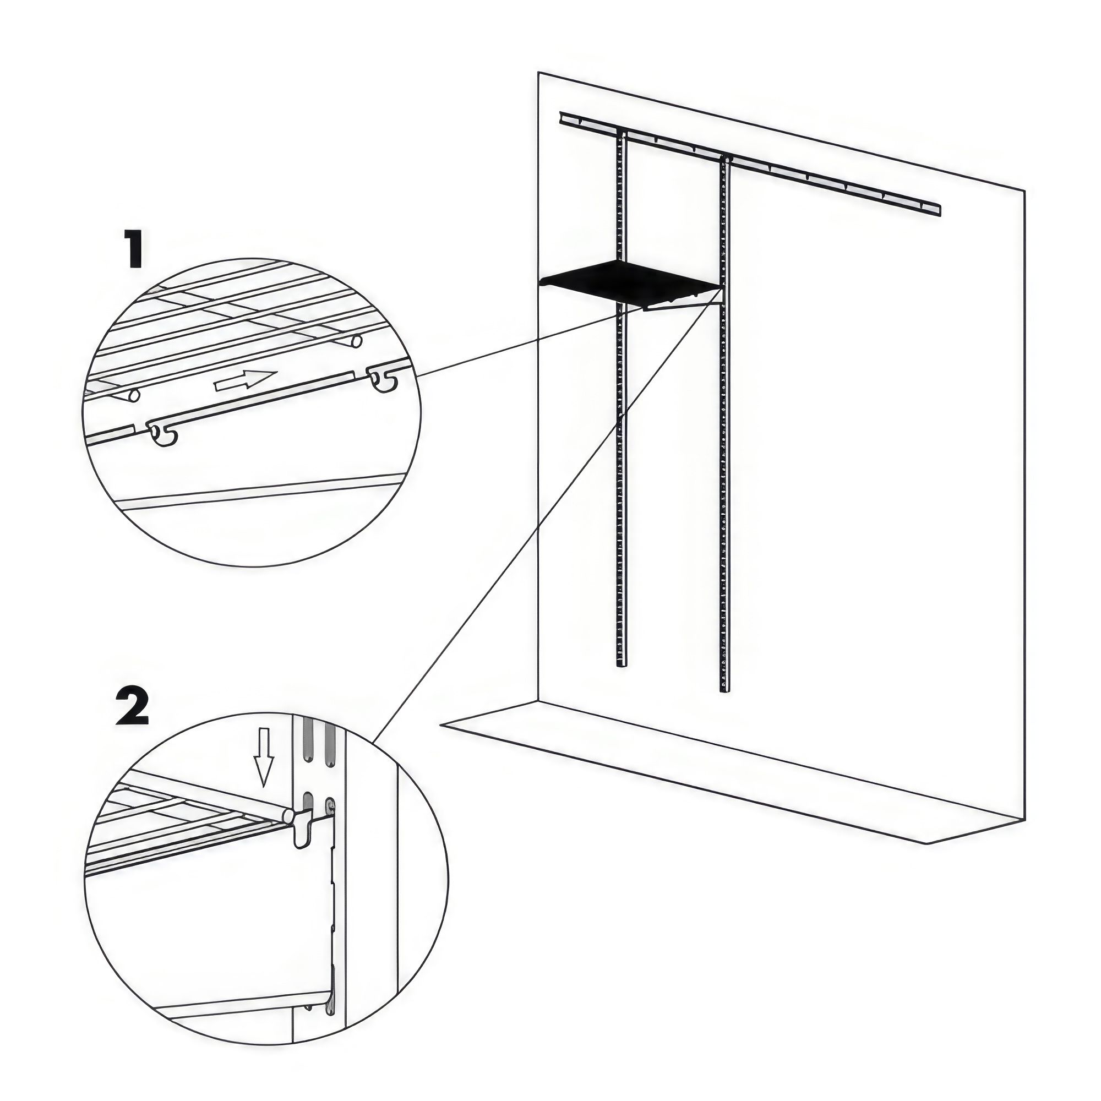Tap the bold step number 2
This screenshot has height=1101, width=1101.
133,706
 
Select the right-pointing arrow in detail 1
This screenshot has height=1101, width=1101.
245,380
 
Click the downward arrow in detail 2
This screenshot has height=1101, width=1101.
263,764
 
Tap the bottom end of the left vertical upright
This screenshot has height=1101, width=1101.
620,664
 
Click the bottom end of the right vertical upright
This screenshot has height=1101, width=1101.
724,690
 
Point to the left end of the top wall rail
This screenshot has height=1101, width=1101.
563,116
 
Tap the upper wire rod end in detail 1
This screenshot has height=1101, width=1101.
356,342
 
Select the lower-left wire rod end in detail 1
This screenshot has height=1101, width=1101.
134,395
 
